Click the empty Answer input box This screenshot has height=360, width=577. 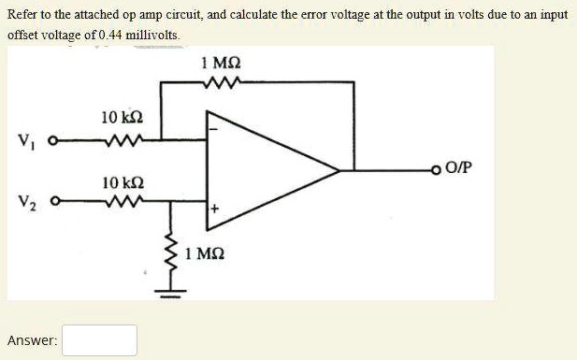tap(100, 340)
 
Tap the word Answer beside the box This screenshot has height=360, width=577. tap(32, 341)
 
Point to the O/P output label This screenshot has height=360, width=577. tap(461, 168)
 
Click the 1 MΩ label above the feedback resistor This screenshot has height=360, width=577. tap(221, 63)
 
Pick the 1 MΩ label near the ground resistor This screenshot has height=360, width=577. tap(204, 253)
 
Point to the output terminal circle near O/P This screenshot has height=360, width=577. tap(437, 169)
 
